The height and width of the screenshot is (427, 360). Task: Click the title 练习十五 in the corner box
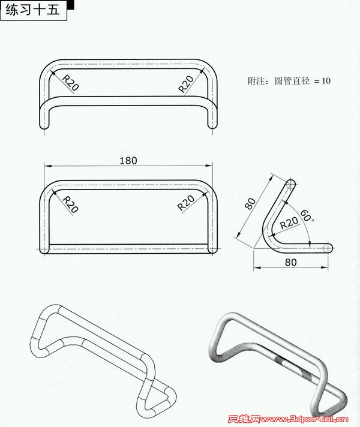[32, 10]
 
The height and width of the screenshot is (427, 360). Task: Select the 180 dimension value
[128, 161]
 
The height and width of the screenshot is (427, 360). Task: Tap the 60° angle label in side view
[306, 216]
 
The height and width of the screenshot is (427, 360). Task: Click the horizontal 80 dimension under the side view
[291, 262]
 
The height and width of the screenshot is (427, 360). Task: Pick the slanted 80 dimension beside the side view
[250, 204]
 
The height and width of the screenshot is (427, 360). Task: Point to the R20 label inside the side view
[289, 222]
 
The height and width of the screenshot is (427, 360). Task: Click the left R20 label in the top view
[71, 83]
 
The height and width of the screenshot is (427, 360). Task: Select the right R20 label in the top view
[186, 83]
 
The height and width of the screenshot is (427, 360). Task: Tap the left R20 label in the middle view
[71, 205]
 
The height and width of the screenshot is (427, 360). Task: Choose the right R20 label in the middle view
[185, 203]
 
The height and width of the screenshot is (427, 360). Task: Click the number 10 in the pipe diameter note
[326, 81]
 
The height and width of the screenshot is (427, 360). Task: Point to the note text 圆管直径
[292, 81]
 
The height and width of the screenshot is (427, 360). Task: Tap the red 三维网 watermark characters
[244, 419]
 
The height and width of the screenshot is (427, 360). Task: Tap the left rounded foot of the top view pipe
[44, 124]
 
